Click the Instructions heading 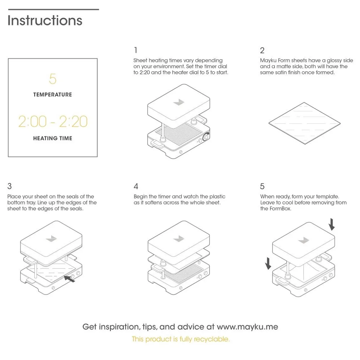pyautogui.click(x=45, y=20)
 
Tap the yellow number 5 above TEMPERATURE pyautogui.click(x=53, y=79)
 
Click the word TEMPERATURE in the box pyautogui.click(x=52, y=95)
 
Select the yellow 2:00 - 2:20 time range pyautogui.click(x=53, y=121)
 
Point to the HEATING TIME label pyautogui.click(x=52, y=138)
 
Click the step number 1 pyautogui.click(x=135, y=50)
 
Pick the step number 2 pyautogui.click(x=262, y=50)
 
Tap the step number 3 pyautogui.click(x=10, y=186)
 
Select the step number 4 pyautogui.click(x=136, y=186)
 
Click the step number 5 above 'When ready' pyautogui.click(x=262, y=186)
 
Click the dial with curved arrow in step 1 pyautogui.click(x=206, y=137)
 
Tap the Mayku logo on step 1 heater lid pyautogui.click(x=178, y=102)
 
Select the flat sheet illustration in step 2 pyautogui.click(x=304, y=123)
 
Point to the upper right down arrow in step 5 pyautogui.click(x=331, y=224)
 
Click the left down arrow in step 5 pyautogui.click(x=268, y=264)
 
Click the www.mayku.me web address pyautogui.click(x=247, y=327)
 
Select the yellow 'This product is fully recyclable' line pyautogui.click(x=181, y=339)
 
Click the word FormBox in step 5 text pyautogui.click(x=280, y=209)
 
